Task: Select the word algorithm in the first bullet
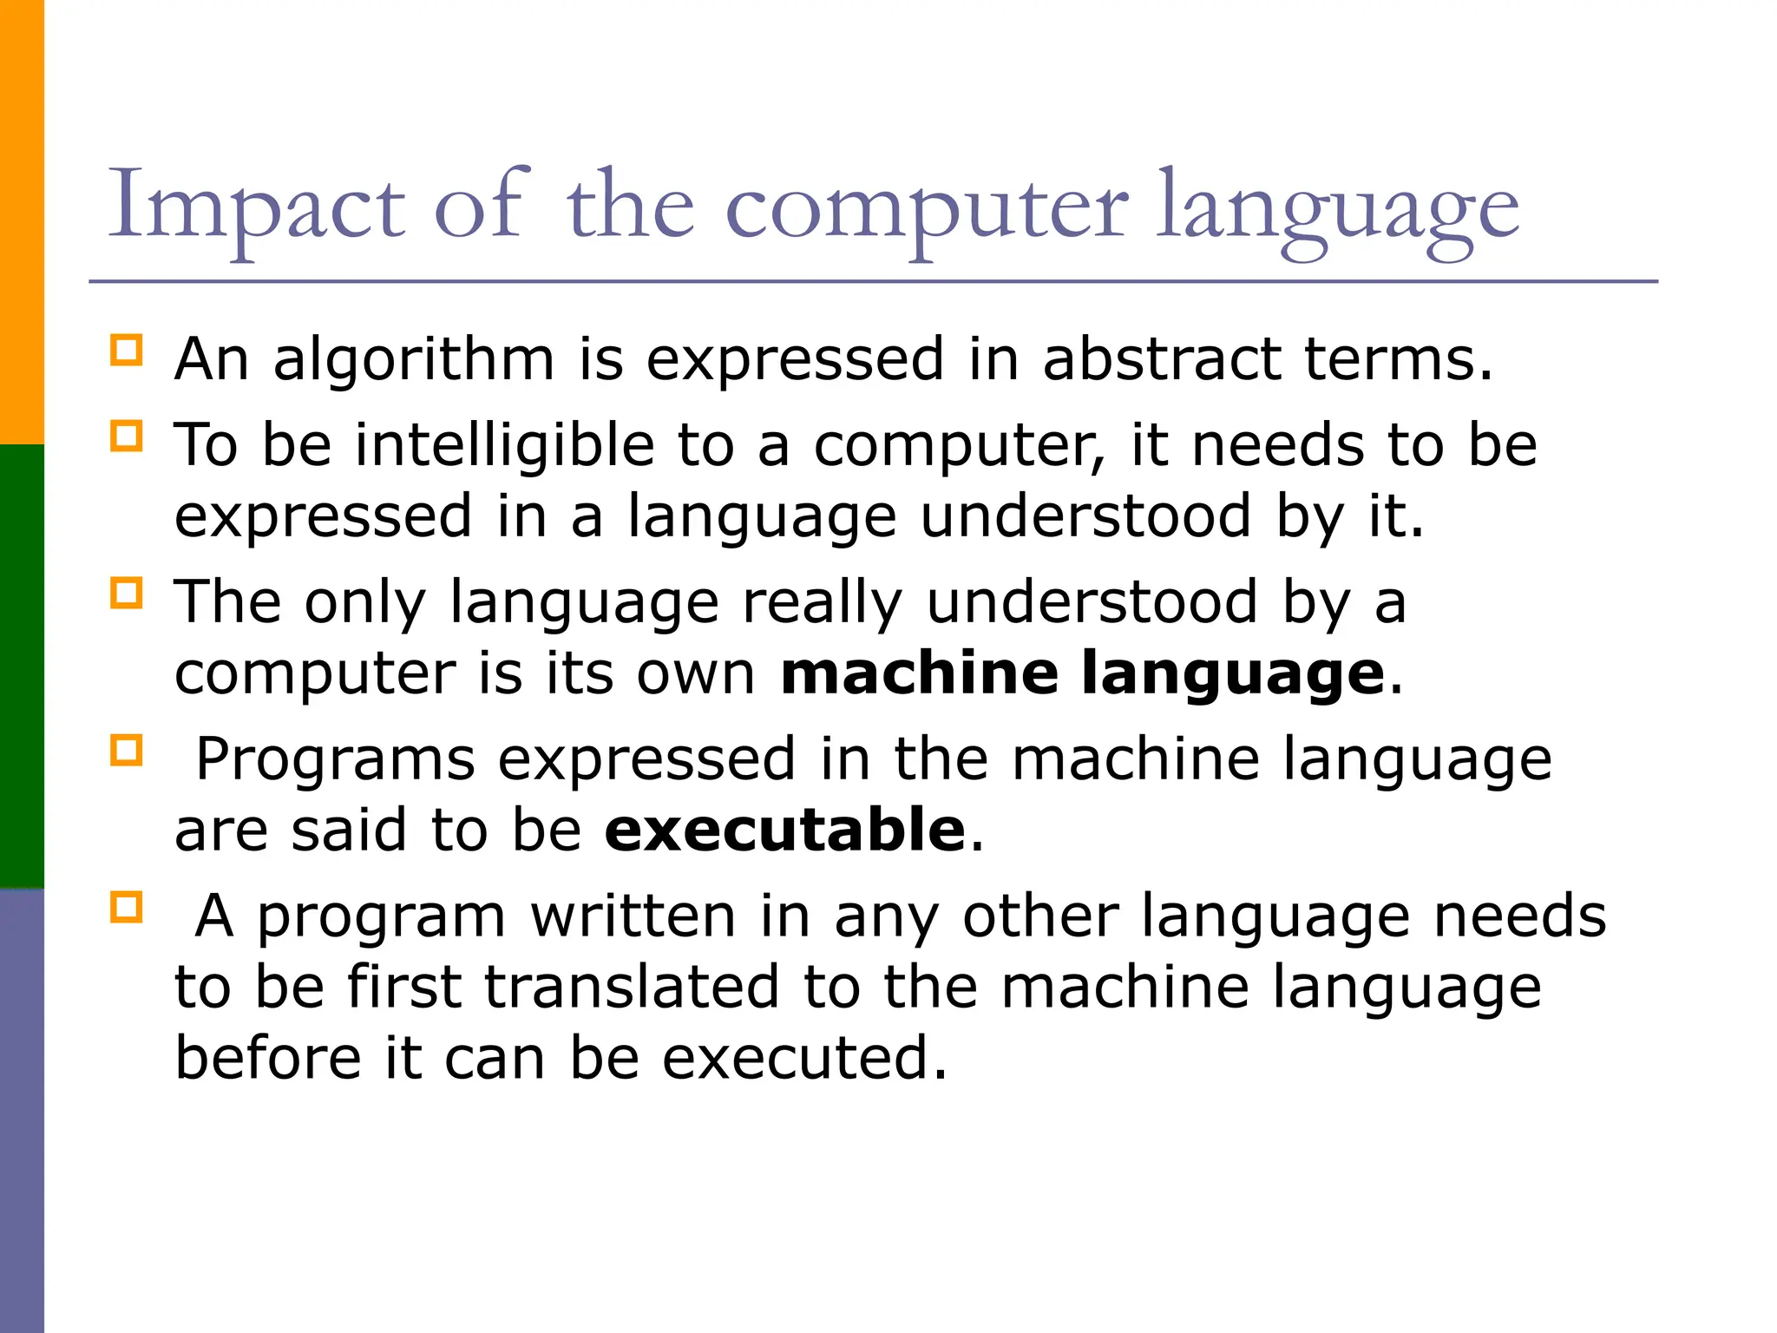click(x=414, y=359)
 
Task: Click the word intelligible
click(x=504, y=444)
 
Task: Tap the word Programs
click(x=335, y=760)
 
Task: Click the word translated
click(x=632, y=987)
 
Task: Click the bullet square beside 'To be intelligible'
click(x=127, y=436)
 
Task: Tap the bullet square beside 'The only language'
click(x=127, y=594)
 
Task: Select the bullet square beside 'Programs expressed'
click(x=127, y=750)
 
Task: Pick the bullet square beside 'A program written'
click(x=127, y=907)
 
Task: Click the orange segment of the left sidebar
click(x=22, y=221)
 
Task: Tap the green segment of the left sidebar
click(x=22, y=666)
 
